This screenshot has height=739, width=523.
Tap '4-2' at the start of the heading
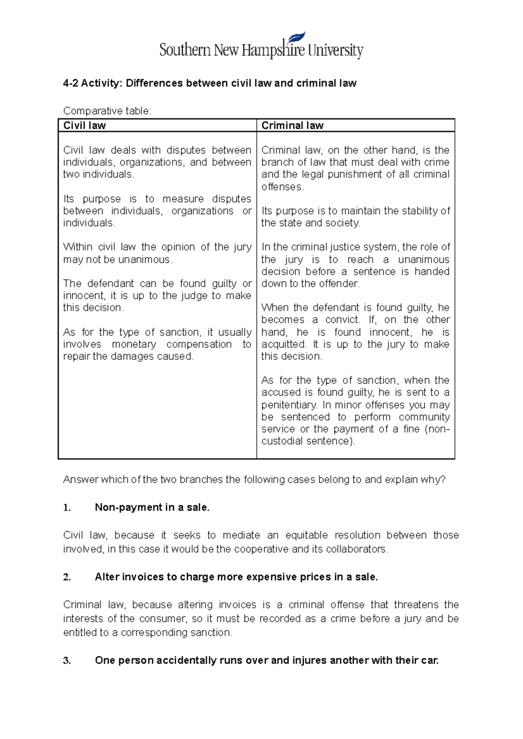pyautogui.click(x=70, y=83)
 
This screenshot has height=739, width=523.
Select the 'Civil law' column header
pyautogui.click(x=85, y=126)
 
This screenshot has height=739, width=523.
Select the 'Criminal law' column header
pyautogui.click(x=292, y=126)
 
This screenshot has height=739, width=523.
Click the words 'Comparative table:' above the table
pyautogui.click(x=107, y=111)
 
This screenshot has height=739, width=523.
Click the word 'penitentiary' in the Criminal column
pyautogui.click(x=289, y=405)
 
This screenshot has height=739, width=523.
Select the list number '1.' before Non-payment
pyautogui.click(x=67, y=507)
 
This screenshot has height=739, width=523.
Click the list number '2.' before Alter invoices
pyautogui.click(x=67, y=577)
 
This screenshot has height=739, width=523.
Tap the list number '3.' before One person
pyautogui.click(x=67, y=661)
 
